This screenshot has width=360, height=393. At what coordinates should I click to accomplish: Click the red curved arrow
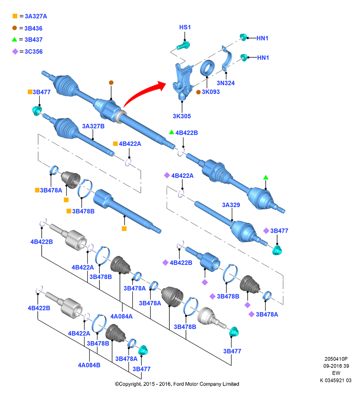pos(141,92)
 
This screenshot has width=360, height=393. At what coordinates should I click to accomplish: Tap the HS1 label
pos(185,27)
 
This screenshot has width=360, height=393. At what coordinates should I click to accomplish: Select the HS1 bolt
pos(183,46)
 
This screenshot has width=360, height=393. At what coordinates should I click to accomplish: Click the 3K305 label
pos(182,116)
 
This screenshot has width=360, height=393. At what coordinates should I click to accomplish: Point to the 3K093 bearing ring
pos(208,68)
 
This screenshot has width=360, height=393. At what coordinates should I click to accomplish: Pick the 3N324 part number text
pos(226,83)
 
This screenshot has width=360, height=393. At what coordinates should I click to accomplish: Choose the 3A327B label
pos(93,126)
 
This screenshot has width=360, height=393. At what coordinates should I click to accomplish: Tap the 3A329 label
pos(231,205)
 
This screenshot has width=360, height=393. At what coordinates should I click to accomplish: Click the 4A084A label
pos(121,316)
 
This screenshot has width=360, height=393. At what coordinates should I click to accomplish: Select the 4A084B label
pos(89,365)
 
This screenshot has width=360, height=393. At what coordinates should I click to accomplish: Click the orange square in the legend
pos(15,16)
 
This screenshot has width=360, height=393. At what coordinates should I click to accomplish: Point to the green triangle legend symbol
pos(15,39)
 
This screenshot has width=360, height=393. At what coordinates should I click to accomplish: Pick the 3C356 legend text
pos(33,51)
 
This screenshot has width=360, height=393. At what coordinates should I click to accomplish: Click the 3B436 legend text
pos(33,28)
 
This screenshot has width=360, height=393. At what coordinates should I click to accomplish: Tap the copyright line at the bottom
pos(177,384)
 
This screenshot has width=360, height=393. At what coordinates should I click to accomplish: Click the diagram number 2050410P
pos(336,359)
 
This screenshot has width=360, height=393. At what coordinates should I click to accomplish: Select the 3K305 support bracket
pos(183,81)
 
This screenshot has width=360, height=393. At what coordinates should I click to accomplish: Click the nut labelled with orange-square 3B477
pos(37,110)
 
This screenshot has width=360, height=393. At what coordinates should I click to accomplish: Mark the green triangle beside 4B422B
pos(171,132)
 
